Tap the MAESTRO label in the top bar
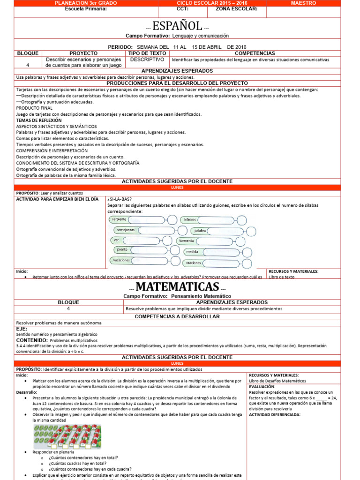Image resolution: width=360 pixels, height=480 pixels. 303,3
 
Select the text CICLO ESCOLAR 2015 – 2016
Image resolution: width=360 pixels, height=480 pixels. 210,3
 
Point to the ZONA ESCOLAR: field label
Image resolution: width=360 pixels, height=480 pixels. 236,8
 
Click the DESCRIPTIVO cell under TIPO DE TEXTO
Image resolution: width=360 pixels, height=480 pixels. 147,60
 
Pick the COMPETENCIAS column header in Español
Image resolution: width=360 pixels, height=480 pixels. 255,53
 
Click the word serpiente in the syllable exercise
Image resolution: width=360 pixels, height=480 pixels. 120,219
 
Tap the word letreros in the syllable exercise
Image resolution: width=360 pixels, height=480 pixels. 190,219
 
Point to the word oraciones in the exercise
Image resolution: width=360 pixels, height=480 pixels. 193,263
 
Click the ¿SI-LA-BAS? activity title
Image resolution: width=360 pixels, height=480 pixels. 120,199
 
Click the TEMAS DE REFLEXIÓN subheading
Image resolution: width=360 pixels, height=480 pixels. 39,120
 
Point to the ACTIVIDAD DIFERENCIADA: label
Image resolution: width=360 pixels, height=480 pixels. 275,414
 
